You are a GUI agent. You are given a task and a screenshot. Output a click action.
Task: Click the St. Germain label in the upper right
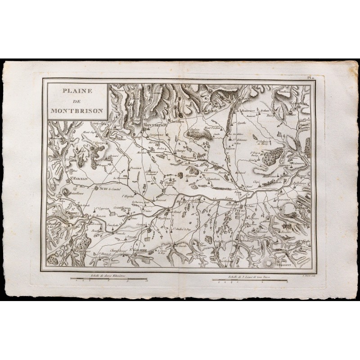coord(298,103)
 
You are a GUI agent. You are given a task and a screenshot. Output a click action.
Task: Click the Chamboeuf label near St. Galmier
coord(116,245)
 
